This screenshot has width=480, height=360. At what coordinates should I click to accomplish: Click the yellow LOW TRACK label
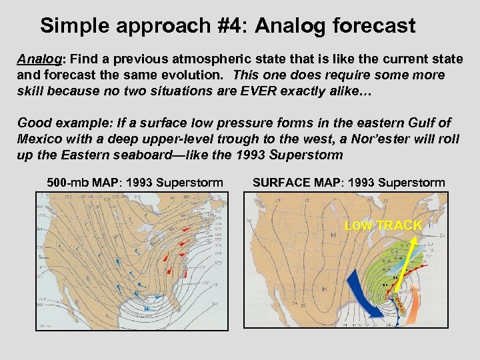click(x=383, y=226)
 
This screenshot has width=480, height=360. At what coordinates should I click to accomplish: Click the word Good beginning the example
click(x=32, y=123)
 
